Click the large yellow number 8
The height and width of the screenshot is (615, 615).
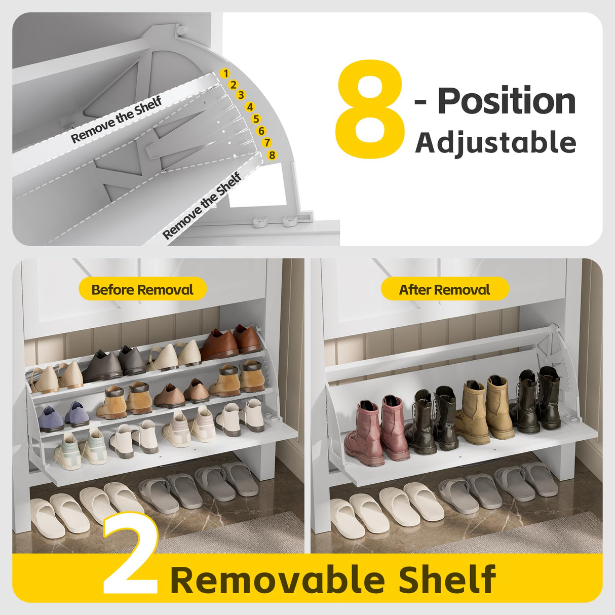pyautogui.click(x=370, y=109)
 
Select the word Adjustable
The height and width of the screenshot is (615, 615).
pyautogui.click(x=495, y=142)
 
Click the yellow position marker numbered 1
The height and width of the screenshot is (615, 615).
pyautogui.click(x=225, y=74)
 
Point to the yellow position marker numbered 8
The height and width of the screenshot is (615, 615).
pyautogui.click(x=272, y=155)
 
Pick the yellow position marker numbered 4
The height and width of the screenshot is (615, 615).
pyautogui.click(x=250, y=107)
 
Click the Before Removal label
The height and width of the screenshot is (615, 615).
pyautogui.click(x=142, y=290)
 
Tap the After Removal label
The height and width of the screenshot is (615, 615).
pyautogui.click(x=444, y=290)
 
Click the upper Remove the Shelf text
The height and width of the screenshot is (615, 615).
pyautogui.click(x=116, y=120)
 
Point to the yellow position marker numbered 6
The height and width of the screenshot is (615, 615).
pyautogui.click(x=261, y=131)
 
